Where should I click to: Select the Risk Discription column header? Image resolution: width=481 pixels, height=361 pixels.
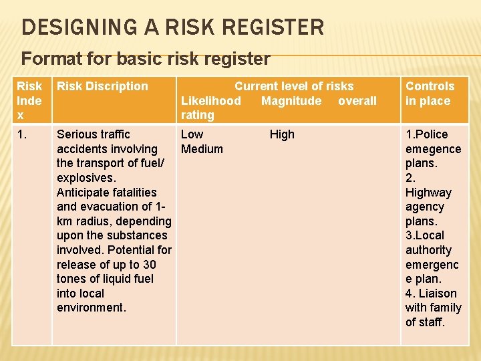coord(102,86)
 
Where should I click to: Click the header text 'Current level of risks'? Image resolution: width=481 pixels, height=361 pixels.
coord(294,86)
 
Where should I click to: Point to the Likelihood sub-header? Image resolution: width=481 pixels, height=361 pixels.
coord(211,101)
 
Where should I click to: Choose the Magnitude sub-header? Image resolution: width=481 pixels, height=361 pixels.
coord(291,101)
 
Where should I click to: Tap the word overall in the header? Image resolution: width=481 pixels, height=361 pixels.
coord(357,101)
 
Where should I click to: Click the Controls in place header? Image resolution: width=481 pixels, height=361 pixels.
coord(430,94)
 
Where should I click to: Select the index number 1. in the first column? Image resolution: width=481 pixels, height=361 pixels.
coord(23,134)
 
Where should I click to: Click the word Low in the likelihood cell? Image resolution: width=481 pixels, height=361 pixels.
coord(192,134)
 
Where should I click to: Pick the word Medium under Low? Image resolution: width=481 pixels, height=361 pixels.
coord(202,149)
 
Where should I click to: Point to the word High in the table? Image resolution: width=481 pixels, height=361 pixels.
coord(282,134)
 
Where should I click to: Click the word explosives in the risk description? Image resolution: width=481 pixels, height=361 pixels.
coord(86,178)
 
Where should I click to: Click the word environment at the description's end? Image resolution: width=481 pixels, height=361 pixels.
coord(91,308)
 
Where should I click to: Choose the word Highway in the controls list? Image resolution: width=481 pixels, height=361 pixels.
coord(428,193)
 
